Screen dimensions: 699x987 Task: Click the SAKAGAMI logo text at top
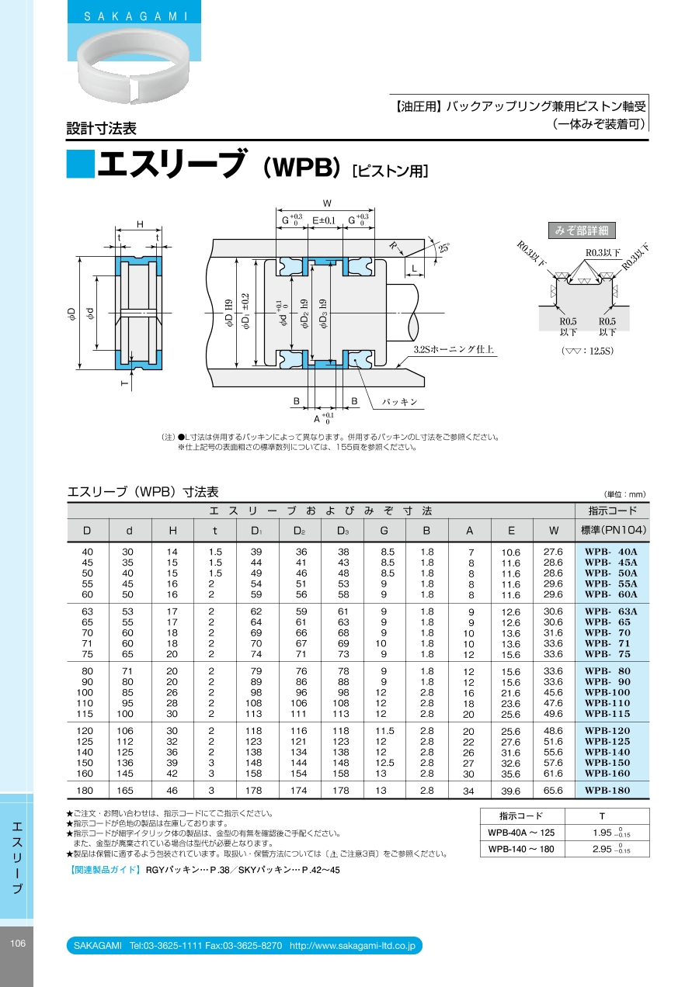coord(136,17)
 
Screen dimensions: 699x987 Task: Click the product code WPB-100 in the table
coord(607,692)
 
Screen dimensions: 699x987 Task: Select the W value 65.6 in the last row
coord(553,791)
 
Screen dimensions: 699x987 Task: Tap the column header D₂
coord(300,531)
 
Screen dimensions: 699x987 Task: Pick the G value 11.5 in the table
coord(384,731)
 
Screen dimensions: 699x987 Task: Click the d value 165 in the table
coord(125,791)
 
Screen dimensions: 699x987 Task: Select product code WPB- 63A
coord(610,611)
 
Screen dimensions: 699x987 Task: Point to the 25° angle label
coord(443,247)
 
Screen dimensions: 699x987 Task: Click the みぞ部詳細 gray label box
coord(582,230)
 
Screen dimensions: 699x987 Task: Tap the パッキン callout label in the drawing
coord(399,402)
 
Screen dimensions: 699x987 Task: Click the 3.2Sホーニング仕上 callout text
coord(454,349)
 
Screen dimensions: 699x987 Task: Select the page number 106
coord(18,944)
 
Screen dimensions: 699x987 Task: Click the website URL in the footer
coord(353,946)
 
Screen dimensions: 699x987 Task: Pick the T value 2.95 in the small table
coord(611,850)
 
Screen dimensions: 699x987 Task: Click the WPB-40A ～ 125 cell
coord(521,833)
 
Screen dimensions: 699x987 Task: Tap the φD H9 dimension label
coord(229,313)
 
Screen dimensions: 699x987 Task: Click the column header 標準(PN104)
coord(613,530)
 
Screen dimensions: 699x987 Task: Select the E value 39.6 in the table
coord(511,791)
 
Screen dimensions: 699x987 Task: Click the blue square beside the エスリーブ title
coord(80,164)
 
